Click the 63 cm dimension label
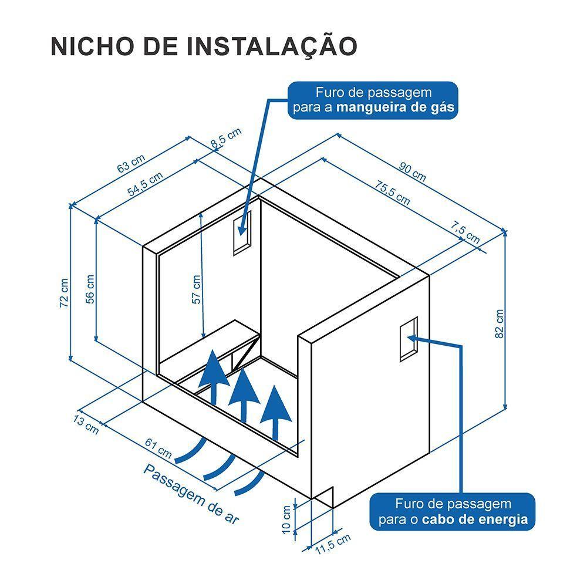[131, 164]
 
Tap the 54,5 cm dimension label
[145, 184]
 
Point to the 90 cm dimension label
[413, 172]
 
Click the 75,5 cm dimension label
[392, 193]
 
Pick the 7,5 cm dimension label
[464, 232]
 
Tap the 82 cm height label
[500, 324]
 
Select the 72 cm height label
[64, 293]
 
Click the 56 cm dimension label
[90, 289]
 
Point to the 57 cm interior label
[196, 289]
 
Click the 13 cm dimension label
[86, 425]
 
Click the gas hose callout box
[373, 100]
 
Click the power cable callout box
[453, 511]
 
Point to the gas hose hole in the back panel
[242, 232]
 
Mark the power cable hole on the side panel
[409, 339]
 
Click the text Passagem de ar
[191, 494]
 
